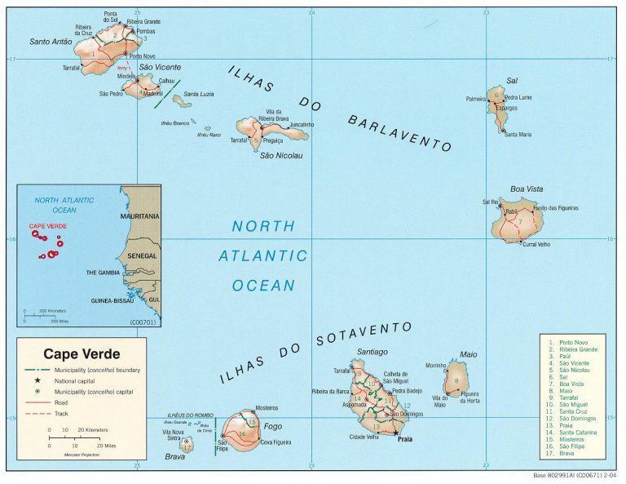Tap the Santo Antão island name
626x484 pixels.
pyautogui.click(x=51, y=42)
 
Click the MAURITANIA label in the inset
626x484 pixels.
pyautogui.click(x=139, y=216)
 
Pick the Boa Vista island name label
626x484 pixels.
pyautogui.click(x=527, y=189)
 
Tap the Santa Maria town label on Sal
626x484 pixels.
pyautogui.click(x=518, y=135)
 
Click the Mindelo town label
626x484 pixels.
pyautogui.click(x=126, y=76)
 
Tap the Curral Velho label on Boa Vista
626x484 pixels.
pyautogui.click(x=536, y=244)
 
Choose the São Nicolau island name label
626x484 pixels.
pyautogui.click(x=276, y=156)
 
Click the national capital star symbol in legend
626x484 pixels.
pyautogui.click(x=37, y=380)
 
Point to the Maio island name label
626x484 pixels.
pyautogui.click(x=469, y=354)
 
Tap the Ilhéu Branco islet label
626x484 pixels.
pyautogui.click(x=175, y=123)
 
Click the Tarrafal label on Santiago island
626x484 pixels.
pyautogui.click(x=342, y=371)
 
